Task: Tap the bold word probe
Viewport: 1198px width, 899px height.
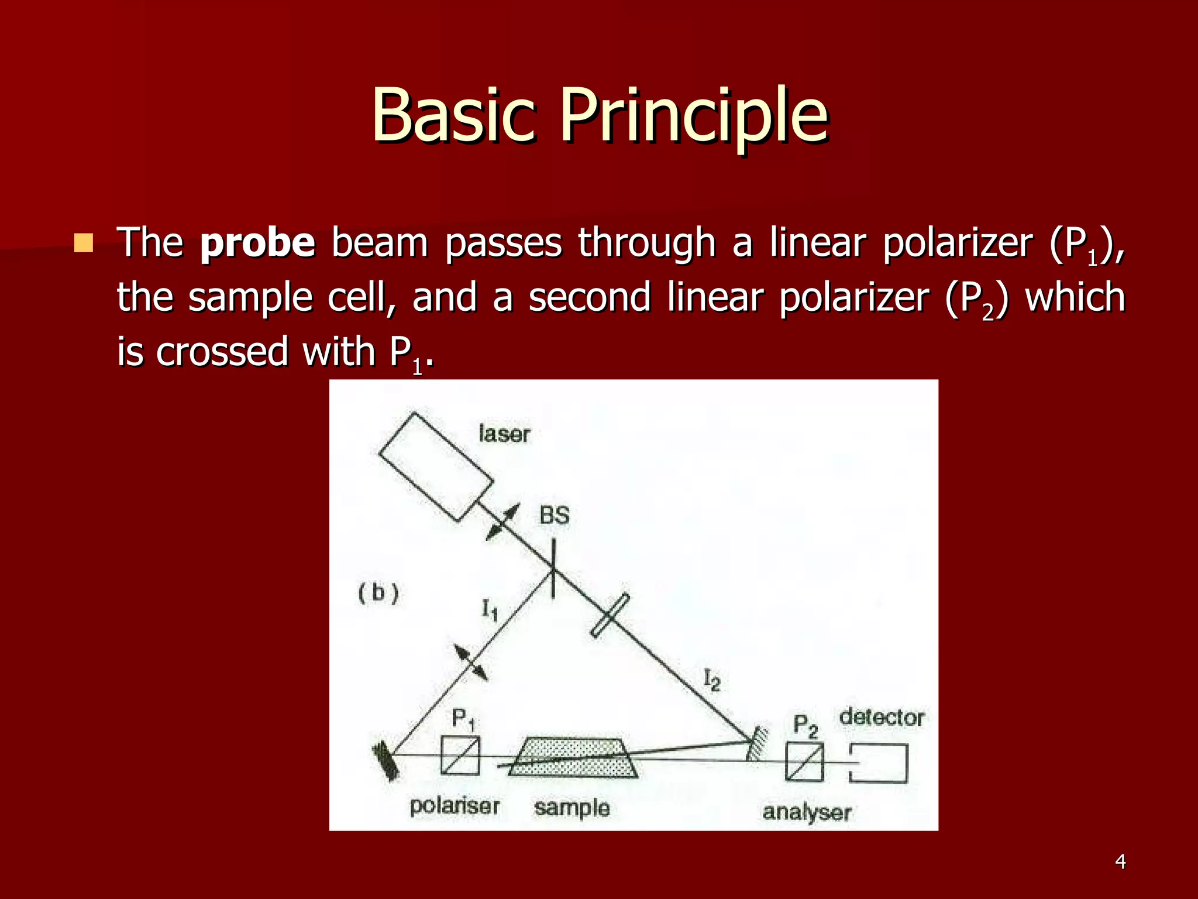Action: pos(257,243)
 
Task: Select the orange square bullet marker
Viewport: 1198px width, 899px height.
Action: pos(84,242)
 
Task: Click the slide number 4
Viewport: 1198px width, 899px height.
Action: pos(1120,862)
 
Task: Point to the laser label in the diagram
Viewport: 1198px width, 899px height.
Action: pos(504,434)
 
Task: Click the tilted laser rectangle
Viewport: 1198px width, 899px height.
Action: pos(436,466)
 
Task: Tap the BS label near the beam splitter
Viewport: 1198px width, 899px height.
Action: pos(554,516)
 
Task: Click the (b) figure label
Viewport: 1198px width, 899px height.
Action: pos(378,593)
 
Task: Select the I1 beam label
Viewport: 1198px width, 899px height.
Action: pos(490,610)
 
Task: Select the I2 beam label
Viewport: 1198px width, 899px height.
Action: pos(711,680)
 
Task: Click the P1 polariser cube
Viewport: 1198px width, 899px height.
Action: pos(460,756)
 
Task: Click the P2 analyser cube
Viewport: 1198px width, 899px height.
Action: pos(804,761)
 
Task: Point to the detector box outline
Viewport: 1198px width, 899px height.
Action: pos(879,763)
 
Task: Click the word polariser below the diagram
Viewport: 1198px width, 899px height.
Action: pos(454,806)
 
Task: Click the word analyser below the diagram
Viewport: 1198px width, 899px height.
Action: pos(806,812)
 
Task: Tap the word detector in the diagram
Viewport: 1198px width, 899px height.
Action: pos(882,718)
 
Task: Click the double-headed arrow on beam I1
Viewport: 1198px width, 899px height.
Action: pos(471,663)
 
